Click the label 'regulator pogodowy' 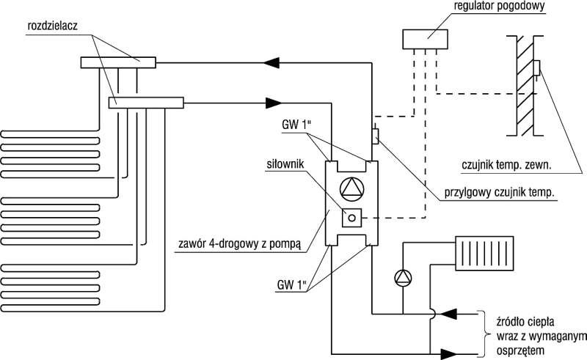click(x=499, y=7)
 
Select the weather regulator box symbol click(x=426, y=40)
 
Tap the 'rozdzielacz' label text click(x=52, y=26)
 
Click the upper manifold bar click(x=118, y=62)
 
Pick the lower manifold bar click(x=145, y=103)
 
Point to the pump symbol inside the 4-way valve click(x=351, y=188)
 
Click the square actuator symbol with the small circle click(x=352, y=218)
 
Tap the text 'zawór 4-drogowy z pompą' click(x=240, y=244)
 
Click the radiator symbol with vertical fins click(x=484, y=253)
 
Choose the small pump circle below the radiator click(x=403, y=278)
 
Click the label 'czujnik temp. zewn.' click(x=506, y=165)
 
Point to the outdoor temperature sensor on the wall click(x=536, y=68)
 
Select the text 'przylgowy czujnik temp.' click(x=499, y=193)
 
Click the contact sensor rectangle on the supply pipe click(x=375, y=136)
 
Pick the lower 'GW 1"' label click(x=292, y=285)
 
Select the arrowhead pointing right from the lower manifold click(x=274, y=103)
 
